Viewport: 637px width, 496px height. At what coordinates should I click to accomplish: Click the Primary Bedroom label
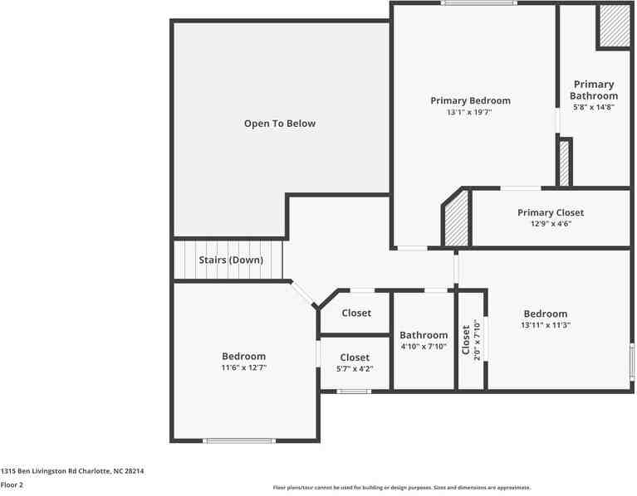pos(470,100)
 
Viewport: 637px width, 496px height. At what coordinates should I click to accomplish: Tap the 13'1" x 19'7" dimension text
pos(470,112)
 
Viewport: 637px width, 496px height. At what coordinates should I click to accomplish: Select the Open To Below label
pos(280,124)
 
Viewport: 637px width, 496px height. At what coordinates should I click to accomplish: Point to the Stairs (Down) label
pos(231,260)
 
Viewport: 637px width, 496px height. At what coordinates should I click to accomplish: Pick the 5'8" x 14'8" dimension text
pos(594,106)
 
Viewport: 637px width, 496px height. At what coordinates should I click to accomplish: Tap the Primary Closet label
pos(551,212)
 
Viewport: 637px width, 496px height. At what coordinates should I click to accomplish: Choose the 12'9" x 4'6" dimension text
pos(551,224)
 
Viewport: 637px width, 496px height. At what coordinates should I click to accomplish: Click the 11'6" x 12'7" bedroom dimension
pos(243,367)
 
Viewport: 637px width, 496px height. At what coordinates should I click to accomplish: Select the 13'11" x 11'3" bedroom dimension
pos(546,325)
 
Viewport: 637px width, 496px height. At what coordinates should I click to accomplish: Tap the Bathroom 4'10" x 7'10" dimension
pos(424,347)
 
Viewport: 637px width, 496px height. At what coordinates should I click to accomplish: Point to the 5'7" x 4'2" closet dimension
pos(355,369)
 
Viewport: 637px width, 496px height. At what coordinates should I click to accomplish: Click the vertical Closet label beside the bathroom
pos(466,338)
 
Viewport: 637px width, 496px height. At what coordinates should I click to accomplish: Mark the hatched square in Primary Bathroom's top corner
pos(615,26)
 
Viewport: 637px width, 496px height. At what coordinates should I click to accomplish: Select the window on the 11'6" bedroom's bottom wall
pos(239,440)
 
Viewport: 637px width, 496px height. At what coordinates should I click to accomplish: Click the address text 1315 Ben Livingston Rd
pos(72,471)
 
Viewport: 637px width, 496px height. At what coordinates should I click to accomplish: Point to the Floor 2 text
pos(12,484)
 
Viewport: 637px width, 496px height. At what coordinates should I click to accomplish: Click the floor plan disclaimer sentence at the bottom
pos(402,488)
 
